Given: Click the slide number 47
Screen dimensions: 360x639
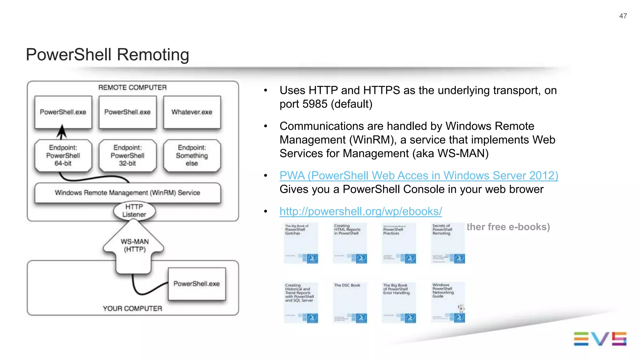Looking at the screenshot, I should click(623, 16).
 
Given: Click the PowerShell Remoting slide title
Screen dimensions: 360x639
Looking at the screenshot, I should click(107, 55).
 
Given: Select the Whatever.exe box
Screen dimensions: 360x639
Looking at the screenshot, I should click(192, 112).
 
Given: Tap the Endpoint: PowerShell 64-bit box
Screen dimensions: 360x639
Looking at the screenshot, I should click(63, 155).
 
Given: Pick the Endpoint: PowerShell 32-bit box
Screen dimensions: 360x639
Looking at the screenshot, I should click(127, 155).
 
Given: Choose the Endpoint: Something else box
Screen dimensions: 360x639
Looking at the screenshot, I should click(192, 155).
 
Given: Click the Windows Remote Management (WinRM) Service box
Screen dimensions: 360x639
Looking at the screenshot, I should click(127, 193).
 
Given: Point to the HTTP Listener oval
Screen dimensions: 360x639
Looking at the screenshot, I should click(134, 211).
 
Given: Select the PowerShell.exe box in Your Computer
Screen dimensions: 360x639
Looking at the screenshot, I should click(197, 284).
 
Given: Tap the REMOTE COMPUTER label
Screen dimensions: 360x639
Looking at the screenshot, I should click(132, 87).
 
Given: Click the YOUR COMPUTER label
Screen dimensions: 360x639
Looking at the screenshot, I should click(132, 308).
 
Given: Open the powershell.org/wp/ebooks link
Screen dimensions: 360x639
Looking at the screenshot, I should click(361, 211).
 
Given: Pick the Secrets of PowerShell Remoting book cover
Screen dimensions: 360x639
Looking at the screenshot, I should click(448, 243).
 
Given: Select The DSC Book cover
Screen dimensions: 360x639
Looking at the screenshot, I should click(349, 302).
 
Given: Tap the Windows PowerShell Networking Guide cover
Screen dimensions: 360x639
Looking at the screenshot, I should click(448, 302).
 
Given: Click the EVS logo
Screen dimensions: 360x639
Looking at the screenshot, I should click(600, 339).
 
